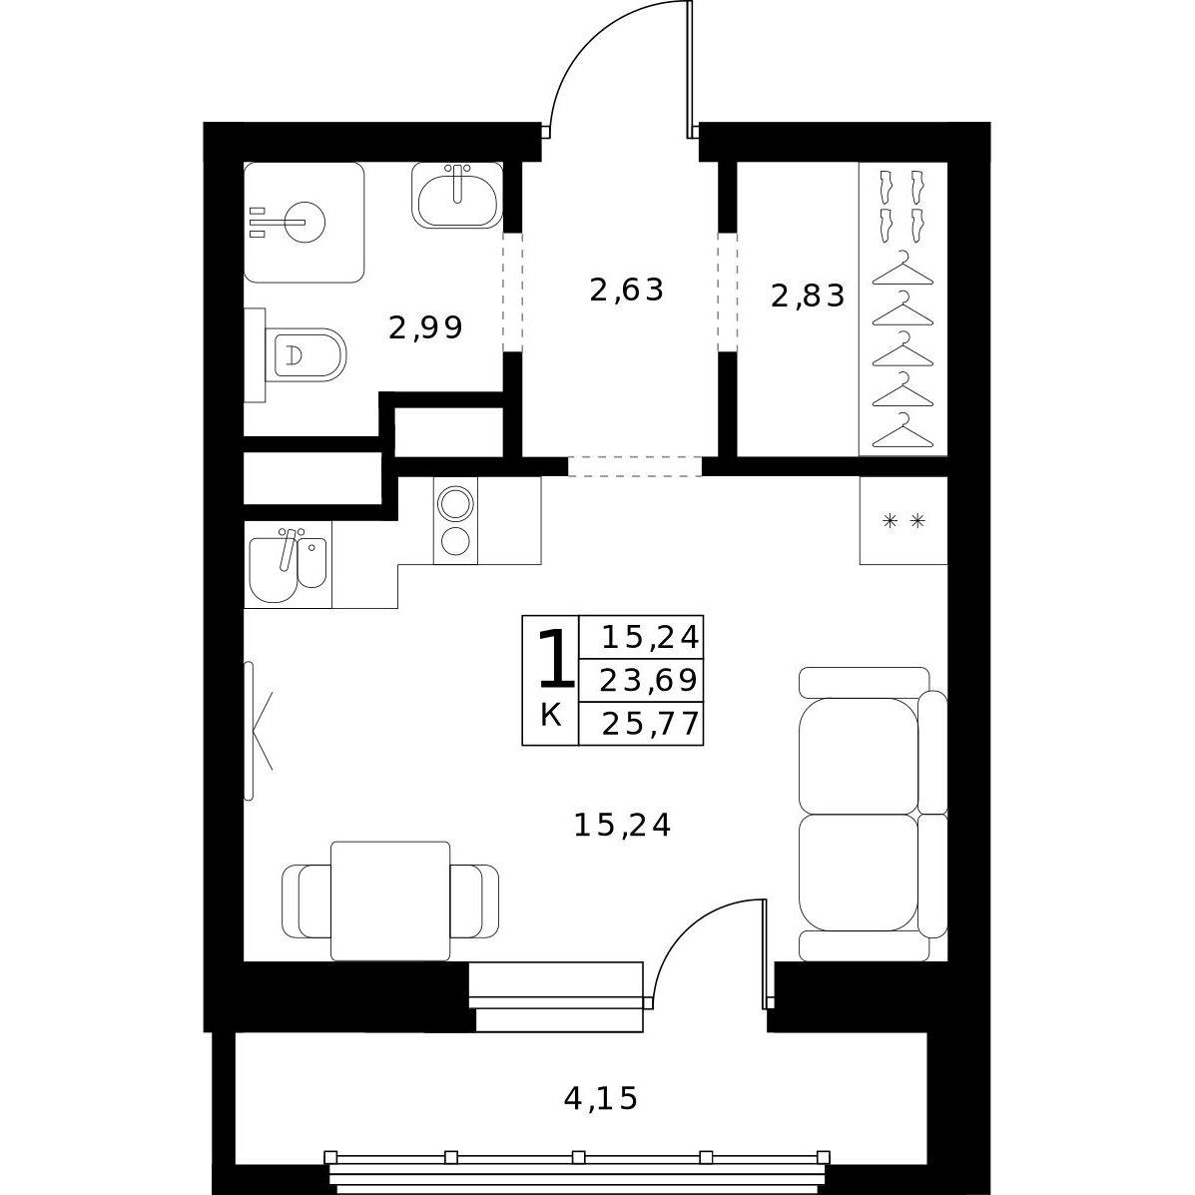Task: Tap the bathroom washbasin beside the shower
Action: pos(456,195)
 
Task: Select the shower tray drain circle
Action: pos(304,222)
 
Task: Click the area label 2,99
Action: pos(425,328)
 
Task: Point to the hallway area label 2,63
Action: pos(627,291)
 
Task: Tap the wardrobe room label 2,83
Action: pos(808,296)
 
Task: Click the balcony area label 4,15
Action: pos(600,1098)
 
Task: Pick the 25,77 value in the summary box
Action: pos(650,724)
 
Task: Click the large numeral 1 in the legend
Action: pos(556,658)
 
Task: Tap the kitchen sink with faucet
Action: pos(289,565)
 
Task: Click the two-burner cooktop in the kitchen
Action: pos(456,520)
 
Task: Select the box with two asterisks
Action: pos(903,520)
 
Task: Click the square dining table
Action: pos(390,900)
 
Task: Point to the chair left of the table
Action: pos(306,901)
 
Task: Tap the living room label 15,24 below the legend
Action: pos(622,825)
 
